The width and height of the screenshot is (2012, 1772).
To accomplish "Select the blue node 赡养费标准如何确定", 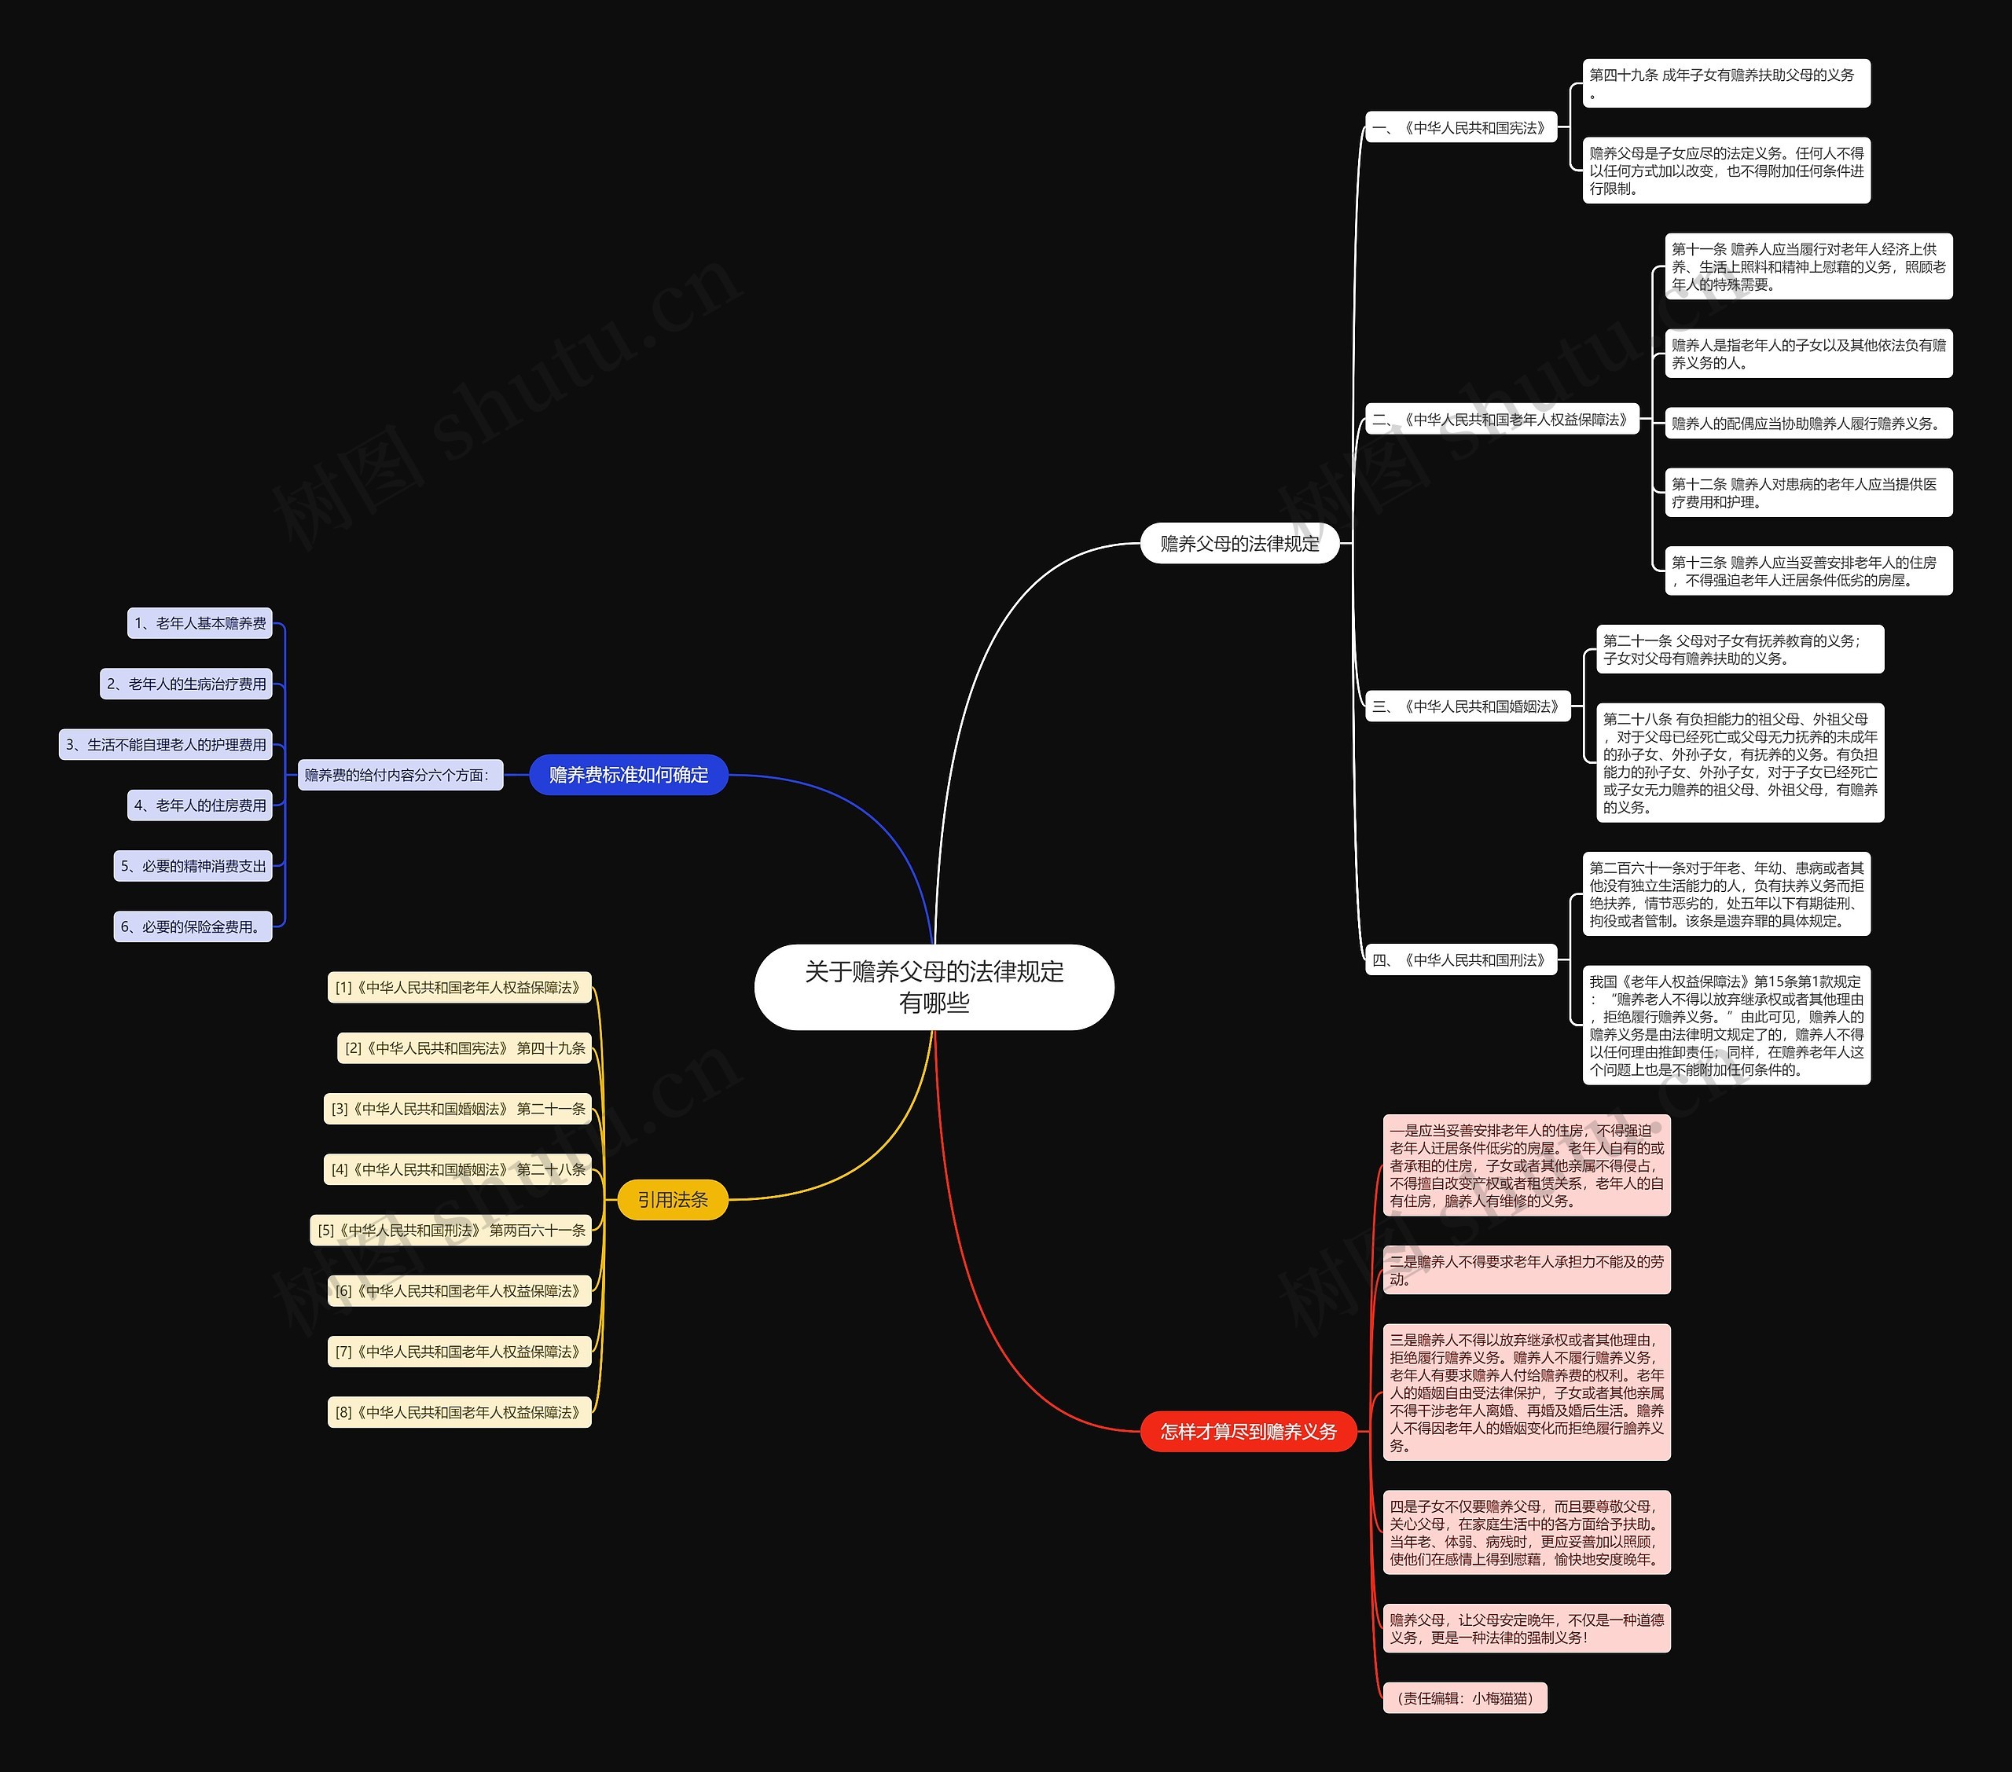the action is click(x=628, y=775).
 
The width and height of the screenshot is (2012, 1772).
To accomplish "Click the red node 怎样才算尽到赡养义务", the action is click(x=1247, y=1432).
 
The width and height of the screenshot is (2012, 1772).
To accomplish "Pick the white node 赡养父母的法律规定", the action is click(x=1239, y=544).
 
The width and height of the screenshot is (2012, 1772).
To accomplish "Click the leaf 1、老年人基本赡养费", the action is click(x=200, y=623).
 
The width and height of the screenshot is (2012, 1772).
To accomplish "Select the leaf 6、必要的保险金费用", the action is click(x=193, y=926).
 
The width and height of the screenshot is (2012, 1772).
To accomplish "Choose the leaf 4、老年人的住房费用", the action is click(x=200, y=805).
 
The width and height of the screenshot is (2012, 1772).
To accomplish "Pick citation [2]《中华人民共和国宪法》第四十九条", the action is click(x=464, y=1048).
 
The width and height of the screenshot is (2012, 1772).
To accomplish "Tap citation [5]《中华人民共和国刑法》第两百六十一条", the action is click(x=451, y=1230).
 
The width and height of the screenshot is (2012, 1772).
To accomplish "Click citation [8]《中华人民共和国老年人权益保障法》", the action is click(x=459, y=1411).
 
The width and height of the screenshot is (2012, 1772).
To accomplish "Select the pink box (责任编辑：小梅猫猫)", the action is click(x=1465, y=1698).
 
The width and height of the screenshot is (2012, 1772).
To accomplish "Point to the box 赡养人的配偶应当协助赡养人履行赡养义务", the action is click(x=1807, y=424).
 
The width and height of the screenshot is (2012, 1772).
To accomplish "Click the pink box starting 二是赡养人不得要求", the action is click(x=1526, y=1270).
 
